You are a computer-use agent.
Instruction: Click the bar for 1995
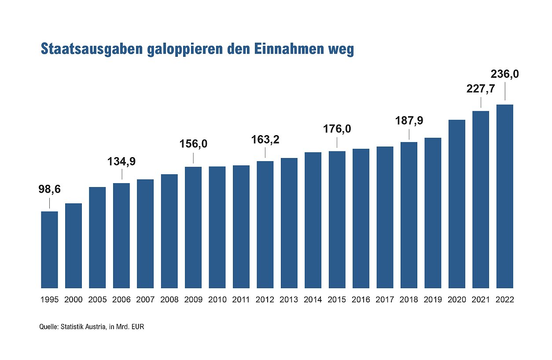[x=49, y=250]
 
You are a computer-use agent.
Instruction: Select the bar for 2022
[x=504, y=196]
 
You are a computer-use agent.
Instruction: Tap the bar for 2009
[x=193, y=227]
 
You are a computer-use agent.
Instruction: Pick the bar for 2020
[x=457, y=204]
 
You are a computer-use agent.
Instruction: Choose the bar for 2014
[x=313, y=220]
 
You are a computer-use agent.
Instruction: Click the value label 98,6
[x=49, y=189]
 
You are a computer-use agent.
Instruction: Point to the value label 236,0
[x=504, y=74]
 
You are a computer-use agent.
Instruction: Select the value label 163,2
[x=265, y=140]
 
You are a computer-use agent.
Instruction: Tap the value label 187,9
[x=409, y=120]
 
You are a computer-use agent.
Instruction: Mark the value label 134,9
[x=121, y=161]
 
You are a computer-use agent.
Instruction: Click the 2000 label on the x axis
[x=74, y=300]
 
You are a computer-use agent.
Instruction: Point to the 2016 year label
[x=361, y=300]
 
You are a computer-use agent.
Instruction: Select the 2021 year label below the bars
[x=481, y=300]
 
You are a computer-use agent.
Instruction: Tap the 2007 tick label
[x=145, y=300]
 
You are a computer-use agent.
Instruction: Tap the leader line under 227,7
[x=481, y=103]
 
